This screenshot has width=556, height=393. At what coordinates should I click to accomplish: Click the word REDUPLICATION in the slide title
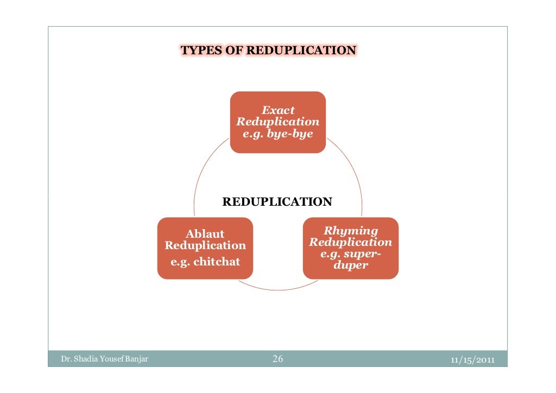301,51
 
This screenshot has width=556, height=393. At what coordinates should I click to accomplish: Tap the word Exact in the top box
278,110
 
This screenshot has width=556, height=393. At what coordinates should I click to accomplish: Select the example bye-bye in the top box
290,134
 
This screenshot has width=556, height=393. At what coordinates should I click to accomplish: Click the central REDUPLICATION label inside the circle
277,202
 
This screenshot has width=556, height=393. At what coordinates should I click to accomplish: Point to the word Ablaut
205,234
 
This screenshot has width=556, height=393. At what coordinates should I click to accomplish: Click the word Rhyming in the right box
350,231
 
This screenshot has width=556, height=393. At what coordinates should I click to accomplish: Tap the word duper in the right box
350,265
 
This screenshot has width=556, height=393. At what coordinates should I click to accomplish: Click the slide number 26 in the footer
277,359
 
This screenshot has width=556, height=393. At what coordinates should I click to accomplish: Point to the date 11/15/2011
472,359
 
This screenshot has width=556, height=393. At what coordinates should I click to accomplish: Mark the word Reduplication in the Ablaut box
205,245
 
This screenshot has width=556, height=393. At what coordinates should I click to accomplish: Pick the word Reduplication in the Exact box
277,122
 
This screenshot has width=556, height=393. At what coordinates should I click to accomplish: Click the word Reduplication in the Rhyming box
350,242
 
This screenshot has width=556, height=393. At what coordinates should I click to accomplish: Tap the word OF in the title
234,51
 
